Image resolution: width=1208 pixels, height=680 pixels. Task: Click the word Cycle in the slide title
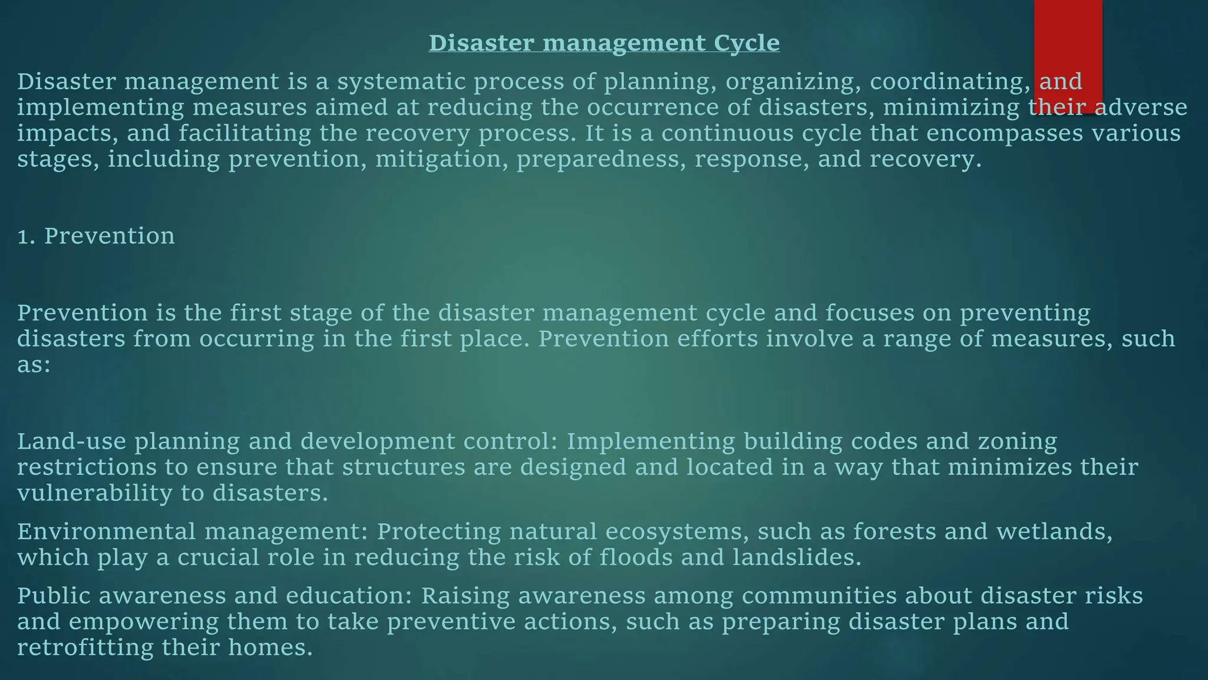pyautogui.click(x=746, y=43)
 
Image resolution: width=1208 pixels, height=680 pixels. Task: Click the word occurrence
pyautogui.click(x=638, y=107)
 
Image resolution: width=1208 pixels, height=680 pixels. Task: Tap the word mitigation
pyautogui.click(x=438, y=159)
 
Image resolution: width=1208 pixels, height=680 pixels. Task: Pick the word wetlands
pyautogui.click(x=1053, y=532)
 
